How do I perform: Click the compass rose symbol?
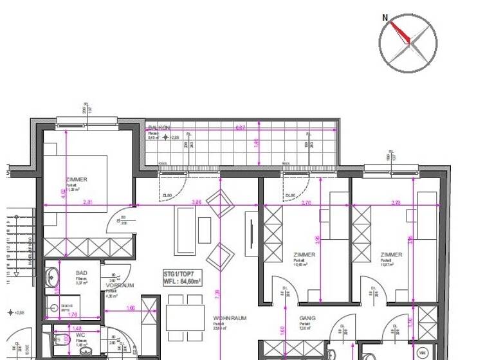[408, 42]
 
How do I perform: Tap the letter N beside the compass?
[385, 18]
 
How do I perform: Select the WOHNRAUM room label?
[226, 318]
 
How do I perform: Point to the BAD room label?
[81, 273]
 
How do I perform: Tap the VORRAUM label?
[120, 285]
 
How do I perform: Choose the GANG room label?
[306, 318]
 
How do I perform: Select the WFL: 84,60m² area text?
[182, 281]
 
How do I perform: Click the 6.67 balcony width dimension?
[241, 127]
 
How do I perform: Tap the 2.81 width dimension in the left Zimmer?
[88, 203]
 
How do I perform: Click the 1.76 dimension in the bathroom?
[73, 314]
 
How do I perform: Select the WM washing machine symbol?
[423, 352]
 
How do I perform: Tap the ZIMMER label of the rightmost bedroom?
[391, 255]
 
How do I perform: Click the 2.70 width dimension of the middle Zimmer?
[307, 203]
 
